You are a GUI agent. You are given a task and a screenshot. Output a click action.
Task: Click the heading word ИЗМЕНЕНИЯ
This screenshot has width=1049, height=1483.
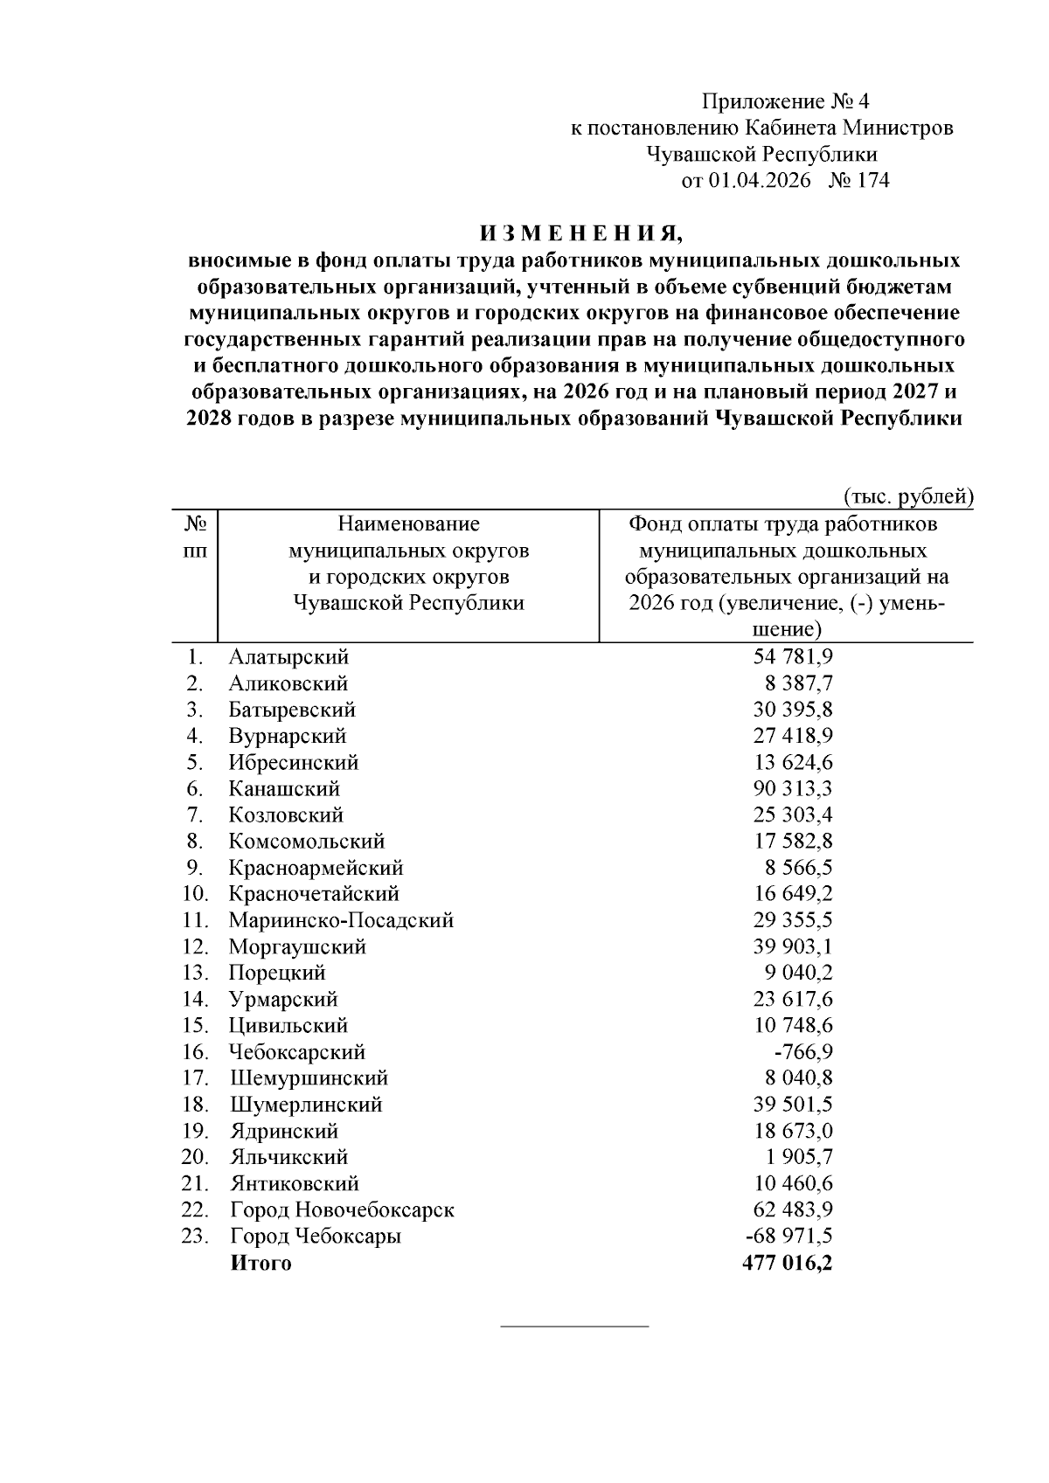tap(579, 233)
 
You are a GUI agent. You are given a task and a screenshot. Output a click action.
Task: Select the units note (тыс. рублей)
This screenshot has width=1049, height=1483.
tap(908, 496)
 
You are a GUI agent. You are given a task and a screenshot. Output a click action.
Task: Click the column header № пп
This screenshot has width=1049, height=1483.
tap(196, 537)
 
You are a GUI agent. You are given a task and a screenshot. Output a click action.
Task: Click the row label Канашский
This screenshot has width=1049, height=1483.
tap(284, 788)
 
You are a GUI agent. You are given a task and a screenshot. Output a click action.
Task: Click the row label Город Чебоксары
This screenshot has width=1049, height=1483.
tap(316, 1237)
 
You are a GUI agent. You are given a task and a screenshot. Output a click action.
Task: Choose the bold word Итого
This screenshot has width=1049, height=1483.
tap(261, 1263)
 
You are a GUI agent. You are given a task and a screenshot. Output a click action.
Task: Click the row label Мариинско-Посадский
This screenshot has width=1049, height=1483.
tap(341, 920)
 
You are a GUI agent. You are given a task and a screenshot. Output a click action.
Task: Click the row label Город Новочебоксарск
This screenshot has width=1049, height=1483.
tap(342, 1210)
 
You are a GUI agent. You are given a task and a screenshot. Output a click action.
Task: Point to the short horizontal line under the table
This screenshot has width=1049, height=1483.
tap(574, 1327)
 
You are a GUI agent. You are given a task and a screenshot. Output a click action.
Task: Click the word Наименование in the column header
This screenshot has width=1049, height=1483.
tap(408, 524)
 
